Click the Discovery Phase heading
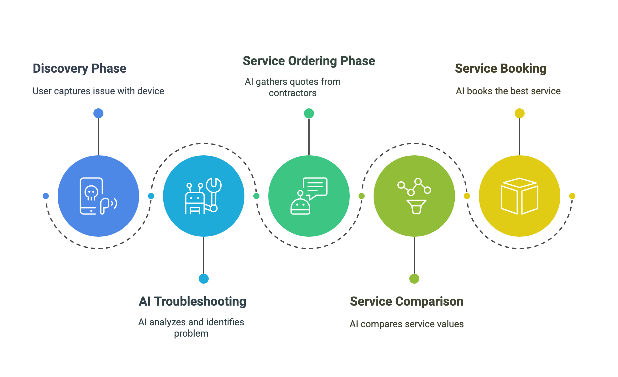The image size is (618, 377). tap(80, 69)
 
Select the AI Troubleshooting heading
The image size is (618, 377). tap(192, 302)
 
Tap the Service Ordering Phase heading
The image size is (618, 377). tap(309, 61)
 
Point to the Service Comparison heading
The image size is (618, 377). tap(407, 302)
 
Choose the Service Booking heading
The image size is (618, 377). tap(501, 69)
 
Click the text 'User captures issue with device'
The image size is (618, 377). tap(98, 91)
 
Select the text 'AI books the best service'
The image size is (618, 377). tap(508, 91)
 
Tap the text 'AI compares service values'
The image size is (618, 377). tap(407, 324)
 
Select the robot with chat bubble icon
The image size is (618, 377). tap(309, 196)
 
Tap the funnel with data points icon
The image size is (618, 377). tap(414, 196)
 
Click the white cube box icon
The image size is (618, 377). tap(520, 196)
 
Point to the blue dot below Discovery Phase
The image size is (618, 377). tap(98, 113)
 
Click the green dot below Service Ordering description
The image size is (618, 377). tap(309, 113)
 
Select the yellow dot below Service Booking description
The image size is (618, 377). tap(520, 113)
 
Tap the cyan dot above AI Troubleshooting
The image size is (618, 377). tap(204, 279)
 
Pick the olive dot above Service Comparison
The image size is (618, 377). tap(414, 279)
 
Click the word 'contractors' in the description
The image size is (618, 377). tap(293, 93)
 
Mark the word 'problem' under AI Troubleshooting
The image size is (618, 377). tap(191, 334)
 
